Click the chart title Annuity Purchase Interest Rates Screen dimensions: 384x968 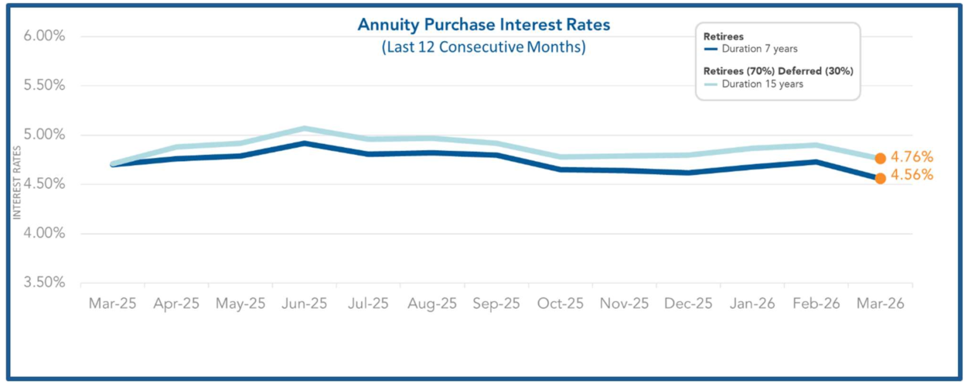[483, 25]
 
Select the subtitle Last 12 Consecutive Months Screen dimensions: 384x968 [483, 47]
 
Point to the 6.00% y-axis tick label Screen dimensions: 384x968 [39, 36]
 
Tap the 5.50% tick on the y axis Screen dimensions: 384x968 [39, 86]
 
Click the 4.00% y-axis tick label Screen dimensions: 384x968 [39, 233]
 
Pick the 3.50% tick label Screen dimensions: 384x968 [39, 283]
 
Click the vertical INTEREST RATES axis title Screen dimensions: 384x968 [16, 179]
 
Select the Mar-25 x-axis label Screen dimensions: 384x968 [112, 303]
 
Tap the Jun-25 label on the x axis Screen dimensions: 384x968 [304, 303]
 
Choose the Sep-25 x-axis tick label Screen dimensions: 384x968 [496, 303]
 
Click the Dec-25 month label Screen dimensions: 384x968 [688, 303]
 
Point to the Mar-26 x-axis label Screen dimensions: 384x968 [880, 303]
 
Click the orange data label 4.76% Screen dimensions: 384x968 [912, 157]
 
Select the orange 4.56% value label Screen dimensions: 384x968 [912, 175]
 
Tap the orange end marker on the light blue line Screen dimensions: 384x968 [880, 158]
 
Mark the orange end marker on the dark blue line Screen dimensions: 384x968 [880, 178]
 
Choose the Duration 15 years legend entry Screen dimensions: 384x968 [762, 84]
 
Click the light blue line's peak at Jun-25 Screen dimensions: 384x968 [305, 129]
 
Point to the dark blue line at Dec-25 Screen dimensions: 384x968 [688, 172]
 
